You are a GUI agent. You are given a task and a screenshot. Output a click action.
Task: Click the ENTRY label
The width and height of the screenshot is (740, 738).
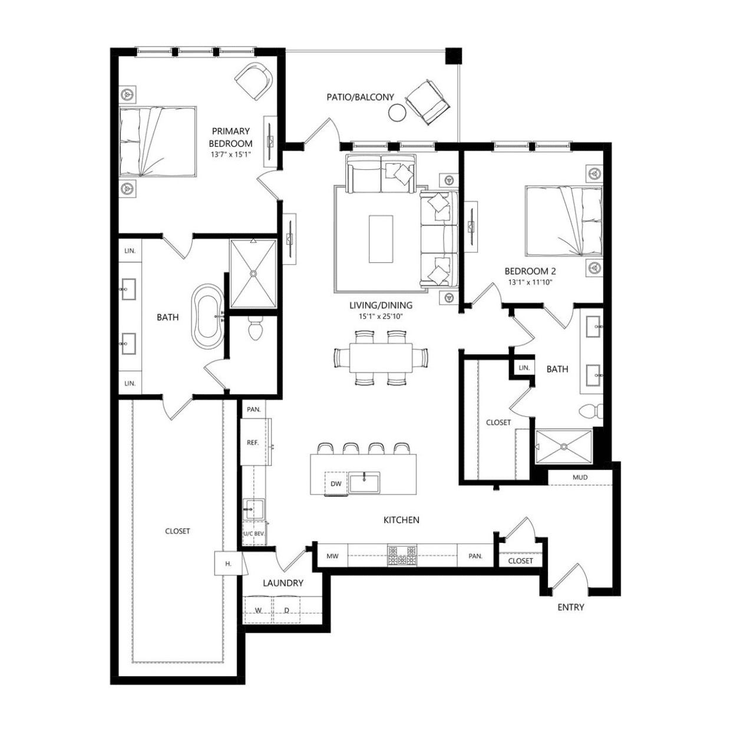pos(570,607)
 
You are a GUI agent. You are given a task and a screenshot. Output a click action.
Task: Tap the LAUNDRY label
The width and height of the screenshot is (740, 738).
pos(283,583)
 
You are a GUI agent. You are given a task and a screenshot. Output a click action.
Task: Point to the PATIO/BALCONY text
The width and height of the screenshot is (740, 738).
pos(360,97)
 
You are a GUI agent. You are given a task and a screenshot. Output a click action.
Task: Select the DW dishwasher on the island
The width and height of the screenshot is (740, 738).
pos(336,483)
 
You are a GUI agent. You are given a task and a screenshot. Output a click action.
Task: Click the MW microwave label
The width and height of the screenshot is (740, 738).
pos(332,556)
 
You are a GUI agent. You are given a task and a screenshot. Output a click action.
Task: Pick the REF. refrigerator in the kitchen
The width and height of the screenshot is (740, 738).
pos(253,443)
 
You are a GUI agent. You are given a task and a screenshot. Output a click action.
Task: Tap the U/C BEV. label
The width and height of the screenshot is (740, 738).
pos(254,534)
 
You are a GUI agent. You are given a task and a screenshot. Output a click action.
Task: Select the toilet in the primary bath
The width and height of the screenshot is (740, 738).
pos(255,328)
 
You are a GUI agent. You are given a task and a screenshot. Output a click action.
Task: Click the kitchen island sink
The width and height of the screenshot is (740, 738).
pos(364,482)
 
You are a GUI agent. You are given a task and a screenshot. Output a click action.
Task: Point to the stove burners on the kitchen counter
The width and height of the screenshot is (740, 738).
pos(402,556)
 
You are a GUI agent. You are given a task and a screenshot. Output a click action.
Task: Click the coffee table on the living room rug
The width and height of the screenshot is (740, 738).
pos(381,239)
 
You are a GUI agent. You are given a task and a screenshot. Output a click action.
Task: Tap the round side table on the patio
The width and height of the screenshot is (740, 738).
pos(397,113)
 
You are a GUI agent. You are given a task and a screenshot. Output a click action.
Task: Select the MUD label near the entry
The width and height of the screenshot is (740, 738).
pos(580,477)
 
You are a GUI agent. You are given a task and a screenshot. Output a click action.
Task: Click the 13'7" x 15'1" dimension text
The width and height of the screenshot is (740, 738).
pos(230,154)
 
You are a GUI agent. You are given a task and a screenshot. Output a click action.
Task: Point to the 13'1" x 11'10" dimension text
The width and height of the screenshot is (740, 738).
pos(530,282)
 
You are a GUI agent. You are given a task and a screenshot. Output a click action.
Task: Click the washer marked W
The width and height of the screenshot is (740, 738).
pos(259,609)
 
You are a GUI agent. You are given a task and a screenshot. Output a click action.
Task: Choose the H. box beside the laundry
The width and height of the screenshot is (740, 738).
pos(228,564)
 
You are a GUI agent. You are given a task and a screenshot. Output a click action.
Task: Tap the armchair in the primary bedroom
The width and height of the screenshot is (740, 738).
pos(253,81)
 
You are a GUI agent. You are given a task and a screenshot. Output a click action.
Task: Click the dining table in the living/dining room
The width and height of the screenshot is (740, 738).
pos(381,357)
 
